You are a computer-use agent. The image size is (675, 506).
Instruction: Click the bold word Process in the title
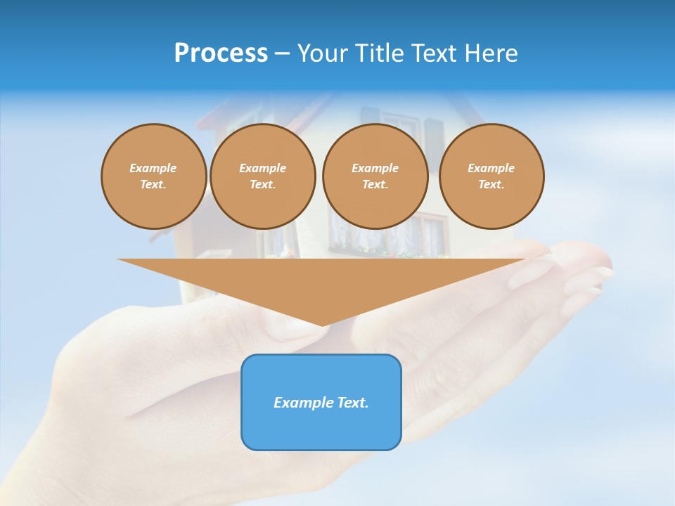coord(221,53)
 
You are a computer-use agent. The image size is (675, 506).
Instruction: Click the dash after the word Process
coord(282,54)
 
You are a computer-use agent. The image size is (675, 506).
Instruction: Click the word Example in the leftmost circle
coord(153,168)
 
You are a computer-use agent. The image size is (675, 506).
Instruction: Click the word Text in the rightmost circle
coord(491,184)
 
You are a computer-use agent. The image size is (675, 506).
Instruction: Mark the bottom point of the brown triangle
coord(323,325)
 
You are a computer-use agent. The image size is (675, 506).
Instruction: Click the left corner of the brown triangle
coord(119,259)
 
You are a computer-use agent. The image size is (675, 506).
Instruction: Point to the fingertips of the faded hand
coord(598,271)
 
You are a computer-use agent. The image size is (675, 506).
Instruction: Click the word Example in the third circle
coord(375,168)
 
